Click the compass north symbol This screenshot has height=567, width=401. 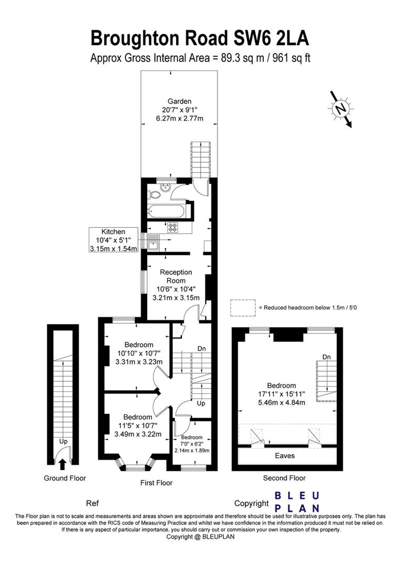click(x=341, y=109)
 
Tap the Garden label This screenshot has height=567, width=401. click(x=179, y=101)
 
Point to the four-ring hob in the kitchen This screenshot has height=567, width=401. click(x=172, y=227)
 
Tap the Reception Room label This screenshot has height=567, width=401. click(x=176, y=276)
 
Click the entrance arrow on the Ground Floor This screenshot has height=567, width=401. click(x=63, y=464)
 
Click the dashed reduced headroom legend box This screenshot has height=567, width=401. click(x=241, y=308)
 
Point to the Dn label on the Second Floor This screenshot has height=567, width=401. click(x=327, y=357)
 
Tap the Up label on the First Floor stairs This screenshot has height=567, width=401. click(x=201, y=404)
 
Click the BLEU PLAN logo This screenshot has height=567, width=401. click(x=297, y=501)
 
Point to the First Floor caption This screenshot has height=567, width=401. click(x=156, y=482)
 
